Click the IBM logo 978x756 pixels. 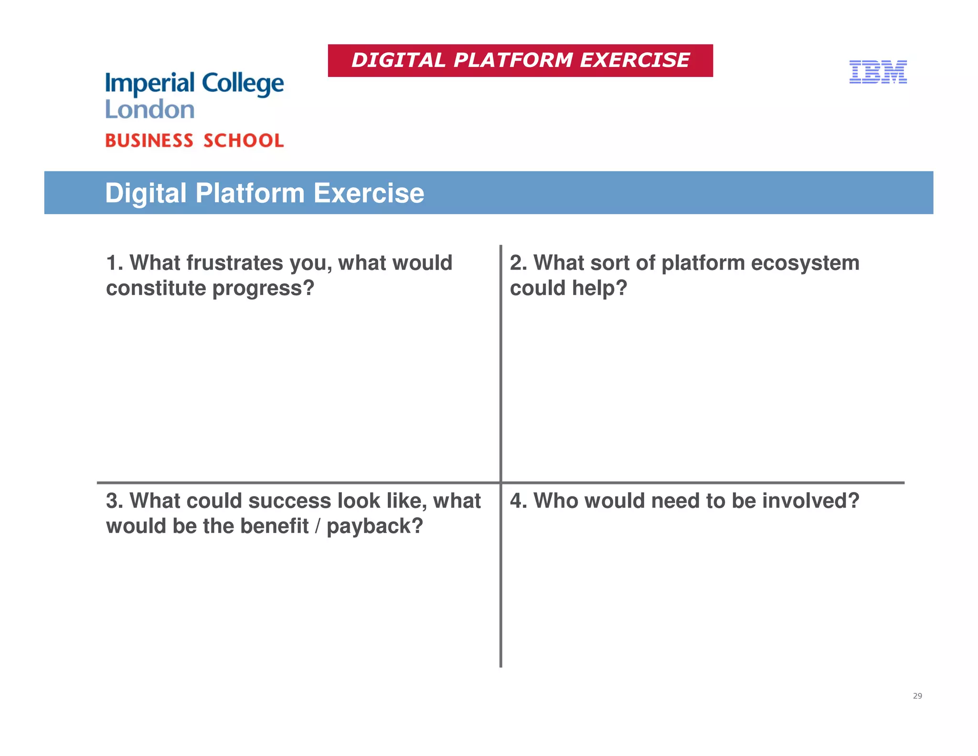pos(878,72)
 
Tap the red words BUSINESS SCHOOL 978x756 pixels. pos(194,140)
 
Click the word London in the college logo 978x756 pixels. pos(149,109)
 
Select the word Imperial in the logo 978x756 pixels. pos(150,84)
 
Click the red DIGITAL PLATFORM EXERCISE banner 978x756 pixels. pos(520,61)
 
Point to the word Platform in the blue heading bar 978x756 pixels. pos(250,193)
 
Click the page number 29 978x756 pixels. pos(917,696)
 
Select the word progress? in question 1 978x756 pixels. pos(263,288)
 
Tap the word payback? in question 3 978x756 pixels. pos(375,526)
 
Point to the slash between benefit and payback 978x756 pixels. pos(318,526)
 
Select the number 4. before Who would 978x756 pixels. pos(518,501)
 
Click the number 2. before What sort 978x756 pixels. pos(518,263)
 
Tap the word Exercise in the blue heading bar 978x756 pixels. pos(369,193)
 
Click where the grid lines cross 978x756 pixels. pos(500,483)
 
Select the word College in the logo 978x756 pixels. pos(243,84)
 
